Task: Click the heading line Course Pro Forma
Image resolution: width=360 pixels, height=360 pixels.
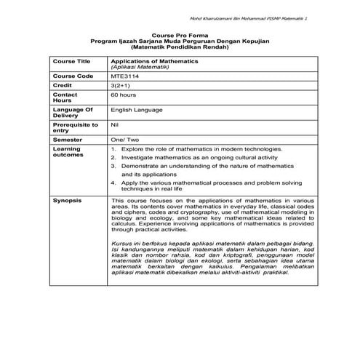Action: [179, 35]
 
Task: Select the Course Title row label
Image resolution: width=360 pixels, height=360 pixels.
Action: [71, 62]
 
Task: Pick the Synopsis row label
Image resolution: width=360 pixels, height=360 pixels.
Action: [68, 199]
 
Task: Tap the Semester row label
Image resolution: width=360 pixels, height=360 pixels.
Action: [68, 139]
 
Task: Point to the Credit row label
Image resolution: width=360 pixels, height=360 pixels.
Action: [64, 85]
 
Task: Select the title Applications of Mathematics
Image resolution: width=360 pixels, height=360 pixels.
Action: [152, 62]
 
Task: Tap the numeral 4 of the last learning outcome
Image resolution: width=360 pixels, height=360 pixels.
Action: [113, 183]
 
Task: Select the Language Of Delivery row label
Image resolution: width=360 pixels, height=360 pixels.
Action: [73, 113]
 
